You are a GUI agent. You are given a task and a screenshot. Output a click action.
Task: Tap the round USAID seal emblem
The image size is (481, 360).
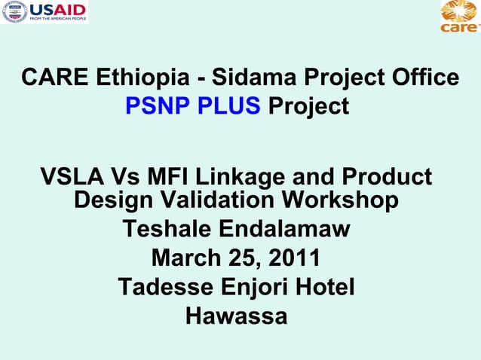tap(15, 12)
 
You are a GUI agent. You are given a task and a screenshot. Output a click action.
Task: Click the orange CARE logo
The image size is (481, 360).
tap(459, 17)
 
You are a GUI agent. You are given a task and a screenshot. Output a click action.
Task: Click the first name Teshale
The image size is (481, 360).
tap(164, 229)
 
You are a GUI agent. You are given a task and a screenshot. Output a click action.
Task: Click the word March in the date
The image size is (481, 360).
tap(185, 258)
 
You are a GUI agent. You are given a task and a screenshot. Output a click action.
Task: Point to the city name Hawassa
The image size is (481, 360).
tap(236, 316)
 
